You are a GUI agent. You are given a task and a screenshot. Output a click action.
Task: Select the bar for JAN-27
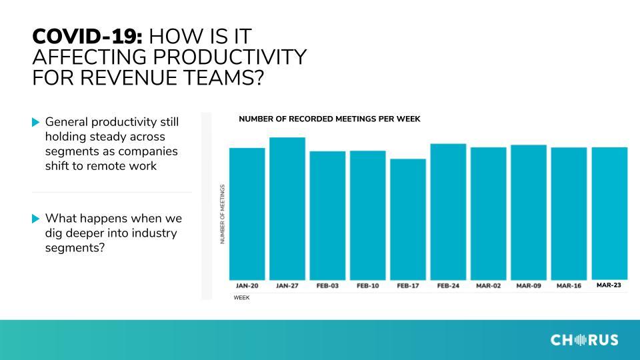tap(287, 209)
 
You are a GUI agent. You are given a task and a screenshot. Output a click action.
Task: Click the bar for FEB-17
tap(408, 219)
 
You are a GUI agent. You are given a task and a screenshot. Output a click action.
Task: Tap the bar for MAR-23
tap(609, 213)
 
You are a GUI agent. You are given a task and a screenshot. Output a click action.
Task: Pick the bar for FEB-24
tap(448, 212)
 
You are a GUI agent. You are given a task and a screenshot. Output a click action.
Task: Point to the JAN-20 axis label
tap(247, 286)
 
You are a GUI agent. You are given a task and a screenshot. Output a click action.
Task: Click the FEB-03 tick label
tap(327, 286)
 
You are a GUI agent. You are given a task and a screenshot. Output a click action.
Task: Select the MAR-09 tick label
tap(529, 286)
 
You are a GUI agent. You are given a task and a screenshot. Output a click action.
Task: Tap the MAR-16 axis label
tap(569, 286)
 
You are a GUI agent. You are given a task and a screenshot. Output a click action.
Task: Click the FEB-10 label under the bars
tap(368, 286)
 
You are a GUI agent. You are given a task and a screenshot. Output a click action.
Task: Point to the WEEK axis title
tap(241, 297)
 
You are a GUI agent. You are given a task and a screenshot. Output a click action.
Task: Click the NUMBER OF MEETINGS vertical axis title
tap(223, 214)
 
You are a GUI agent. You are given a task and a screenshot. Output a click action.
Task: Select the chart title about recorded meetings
tap(329, 119)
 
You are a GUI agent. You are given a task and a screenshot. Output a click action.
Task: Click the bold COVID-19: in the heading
tap(87, 36)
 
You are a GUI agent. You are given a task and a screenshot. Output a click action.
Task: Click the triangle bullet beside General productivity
tap(36, 122)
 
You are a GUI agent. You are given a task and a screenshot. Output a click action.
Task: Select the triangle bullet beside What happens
tap(36, 219)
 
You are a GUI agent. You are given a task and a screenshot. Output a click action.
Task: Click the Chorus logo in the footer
tap(584, 339)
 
